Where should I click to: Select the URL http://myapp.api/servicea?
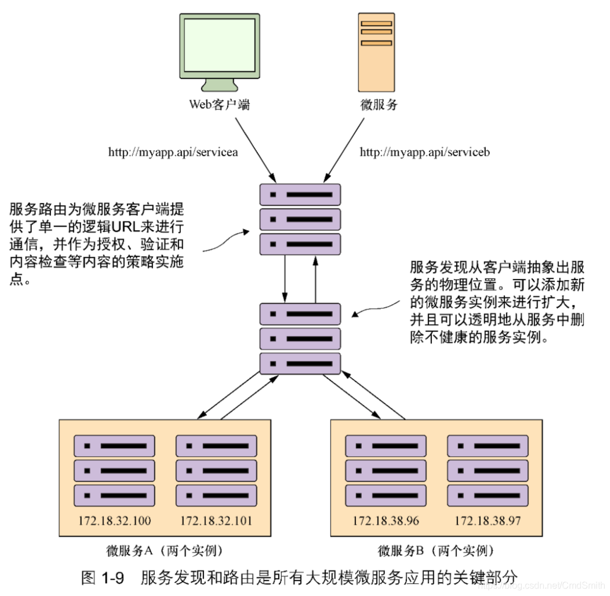coord(174,152)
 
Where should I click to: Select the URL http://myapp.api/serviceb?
coord(426,152)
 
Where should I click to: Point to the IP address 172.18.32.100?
coord(114,521)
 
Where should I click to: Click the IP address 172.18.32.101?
coord(216,521)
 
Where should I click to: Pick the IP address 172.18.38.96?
coord(386,521)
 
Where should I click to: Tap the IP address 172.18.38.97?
coord(488,521)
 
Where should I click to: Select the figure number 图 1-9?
coord(103,578)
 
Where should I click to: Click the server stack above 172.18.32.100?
coord(114,470)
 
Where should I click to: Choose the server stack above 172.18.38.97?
coord(488,470)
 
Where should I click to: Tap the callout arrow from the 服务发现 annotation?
coord(377,306)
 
